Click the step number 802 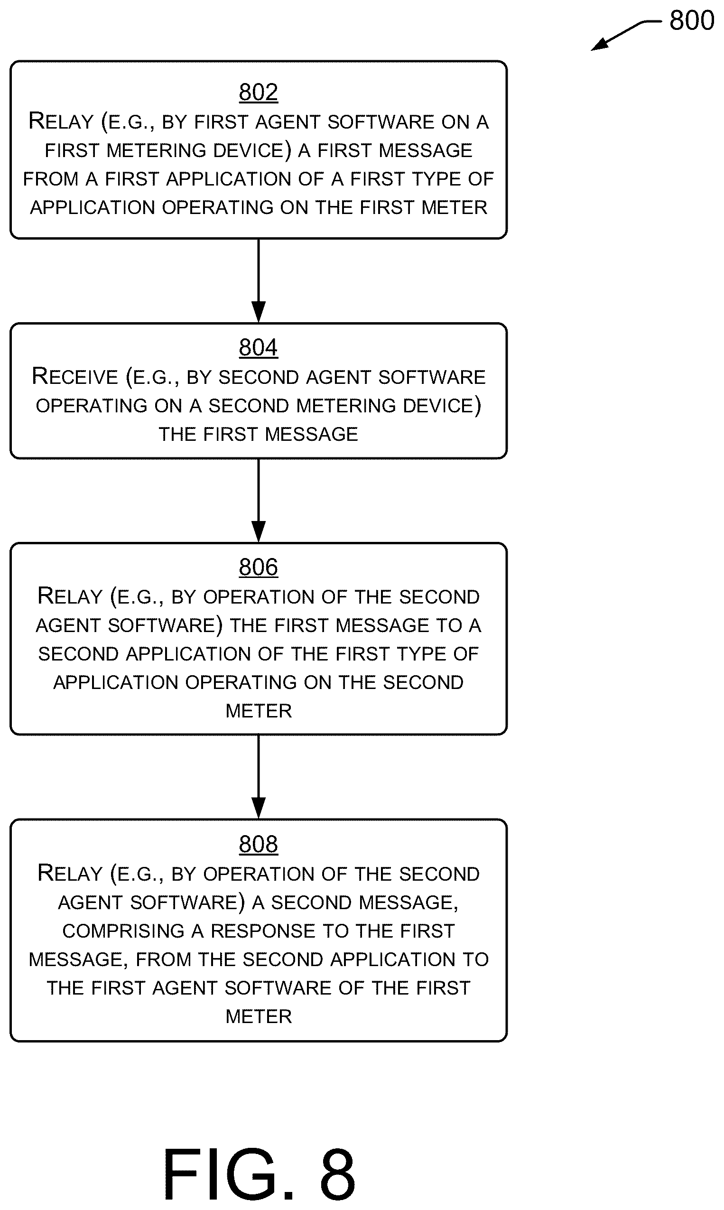coord(259,92)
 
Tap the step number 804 coord(259,347)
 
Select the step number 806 coord(259,567)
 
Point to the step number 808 coord(259,844)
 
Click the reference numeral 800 coord(692,20)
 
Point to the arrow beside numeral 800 coord(625,34)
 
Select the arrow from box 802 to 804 coord(259,280)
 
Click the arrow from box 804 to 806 coord(259,501)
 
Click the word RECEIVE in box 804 coord(75,376)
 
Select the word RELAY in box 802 coord(61,121)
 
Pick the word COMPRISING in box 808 coord(123,931)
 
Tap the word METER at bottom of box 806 coord(259,711)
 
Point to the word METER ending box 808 coord(259,1016)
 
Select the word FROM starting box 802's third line coord(51,179)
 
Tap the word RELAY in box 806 coord(70,596)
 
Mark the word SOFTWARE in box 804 coord(432,377)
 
